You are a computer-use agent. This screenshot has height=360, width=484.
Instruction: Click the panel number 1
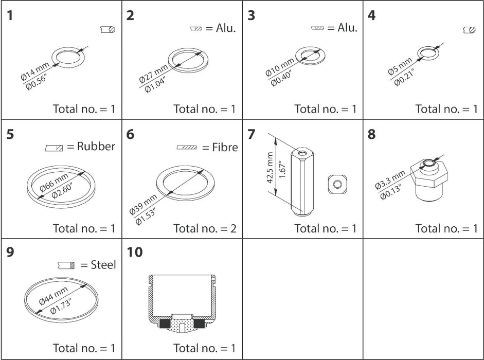[10, 15]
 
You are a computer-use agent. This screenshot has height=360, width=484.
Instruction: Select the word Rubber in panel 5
[96, 147]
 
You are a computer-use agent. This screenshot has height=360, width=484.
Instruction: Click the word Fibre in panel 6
[225, 148]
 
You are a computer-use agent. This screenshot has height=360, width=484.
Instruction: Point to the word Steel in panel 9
[103, 265]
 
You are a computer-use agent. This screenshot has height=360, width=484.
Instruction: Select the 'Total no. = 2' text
[204, 228]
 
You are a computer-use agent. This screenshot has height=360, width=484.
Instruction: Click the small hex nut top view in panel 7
[337, 184]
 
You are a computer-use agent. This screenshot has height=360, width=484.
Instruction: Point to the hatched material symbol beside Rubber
[54, 148]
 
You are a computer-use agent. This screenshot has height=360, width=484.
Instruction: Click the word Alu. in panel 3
[347, 28]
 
